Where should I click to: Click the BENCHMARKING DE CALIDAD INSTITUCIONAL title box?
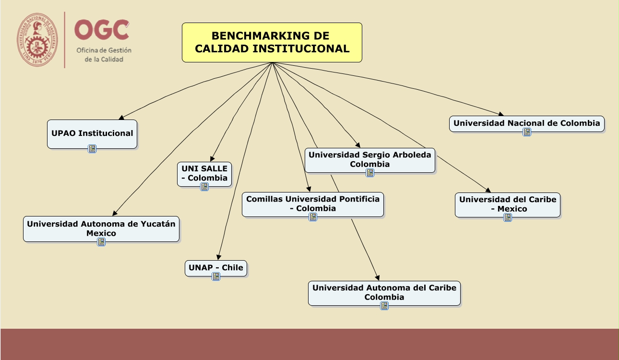pyautogui.click(x=272, y=42)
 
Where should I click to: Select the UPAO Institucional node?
pyautogui.click(x=92, y=133)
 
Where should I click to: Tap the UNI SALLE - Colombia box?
pyautogui.click(x=204, y=173)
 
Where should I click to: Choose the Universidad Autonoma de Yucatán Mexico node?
pyautogui.click(x=101, y=228)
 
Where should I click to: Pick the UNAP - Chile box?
pyautogui.click(x=215, y=267)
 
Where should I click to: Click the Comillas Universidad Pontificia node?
pyautogui.click(x=313, y=204)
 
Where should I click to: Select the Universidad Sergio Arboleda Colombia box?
pyautogui.click(x=369, y=159)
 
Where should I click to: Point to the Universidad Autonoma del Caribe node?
pyautogui.click(x=384, y=292)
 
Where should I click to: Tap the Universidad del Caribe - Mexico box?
pyautogui.click(x=508, y=204)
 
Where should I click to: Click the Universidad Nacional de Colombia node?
pyautogui.click(x=526, y=123)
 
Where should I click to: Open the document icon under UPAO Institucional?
pyautogui.click(x=92, y=149)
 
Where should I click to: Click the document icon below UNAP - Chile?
pyautogui.click(x=216, y=276)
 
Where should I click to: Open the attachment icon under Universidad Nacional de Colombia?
pyautogui.click(x=527, y=132)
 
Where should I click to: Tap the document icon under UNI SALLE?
pyautogui.click(x=204, y=187)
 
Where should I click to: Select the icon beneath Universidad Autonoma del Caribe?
pyautogui.click(x=384, y=306)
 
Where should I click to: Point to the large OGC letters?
pyautogui.click(x=102, y=30)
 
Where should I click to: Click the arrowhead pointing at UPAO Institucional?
pyautogui.click(x=121, y=117)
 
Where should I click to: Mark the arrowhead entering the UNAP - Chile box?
pyautogui.click(x=218, y=257)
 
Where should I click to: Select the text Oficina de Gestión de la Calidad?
pyautogui.click(x=104, y=55)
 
